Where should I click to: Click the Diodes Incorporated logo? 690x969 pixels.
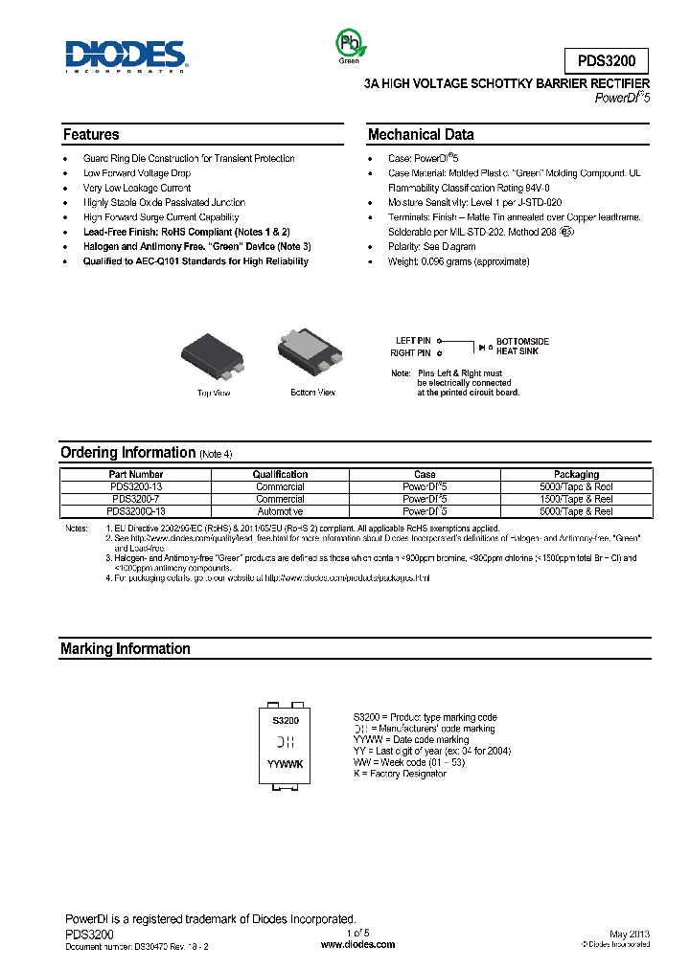tap(126, 56)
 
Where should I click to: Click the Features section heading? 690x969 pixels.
tap(92, 135)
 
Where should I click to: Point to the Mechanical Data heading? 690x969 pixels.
tap(421, 135)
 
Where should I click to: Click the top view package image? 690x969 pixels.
tap(213, 352)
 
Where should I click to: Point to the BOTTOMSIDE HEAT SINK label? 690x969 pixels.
tap(523, 347)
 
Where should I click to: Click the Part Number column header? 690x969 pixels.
tap(136, 474)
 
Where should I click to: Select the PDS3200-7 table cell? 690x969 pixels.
tap(136, 499)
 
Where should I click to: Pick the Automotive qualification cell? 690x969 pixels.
tap(279, 511)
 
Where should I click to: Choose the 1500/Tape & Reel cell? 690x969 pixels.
tap(576, 499)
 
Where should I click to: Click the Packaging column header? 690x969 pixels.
tap(576, 474)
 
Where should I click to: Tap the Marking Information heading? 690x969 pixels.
tap(126, 649)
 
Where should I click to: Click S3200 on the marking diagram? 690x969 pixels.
tap(286, 720)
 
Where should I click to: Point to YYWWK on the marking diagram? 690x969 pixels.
tap(286, 763)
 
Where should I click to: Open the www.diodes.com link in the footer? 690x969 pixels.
tap(357, 944)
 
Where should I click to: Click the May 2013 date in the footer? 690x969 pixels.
tap(630, 934)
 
